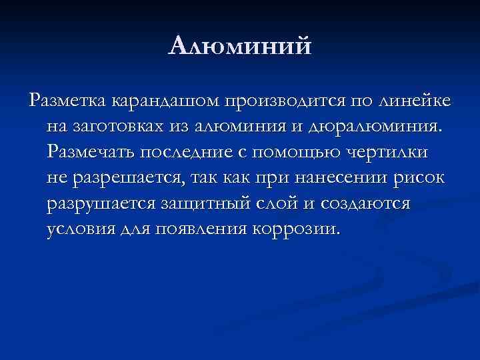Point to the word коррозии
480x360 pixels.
pyautogui.click(x=297, y=229)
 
